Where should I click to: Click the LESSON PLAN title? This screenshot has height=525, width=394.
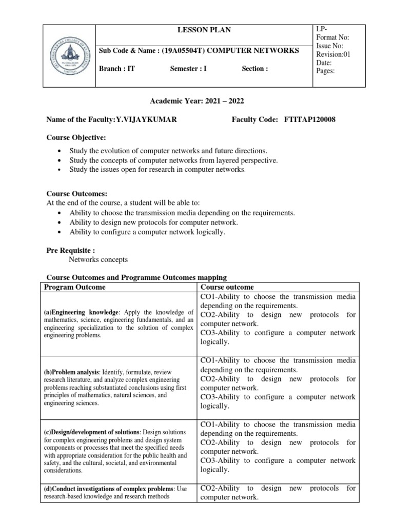204,30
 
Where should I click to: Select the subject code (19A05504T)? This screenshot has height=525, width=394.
183,50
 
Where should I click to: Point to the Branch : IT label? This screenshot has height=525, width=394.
117,69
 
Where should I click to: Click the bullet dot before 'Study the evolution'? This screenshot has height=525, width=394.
61,151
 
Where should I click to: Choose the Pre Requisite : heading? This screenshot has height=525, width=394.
71,250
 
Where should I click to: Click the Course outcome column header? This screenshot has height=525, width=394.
227,287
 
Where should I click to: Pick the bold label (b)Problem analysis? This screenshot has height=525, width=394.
73,372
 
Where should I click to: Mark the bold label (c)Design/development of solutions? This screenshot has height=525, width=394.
91,432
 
